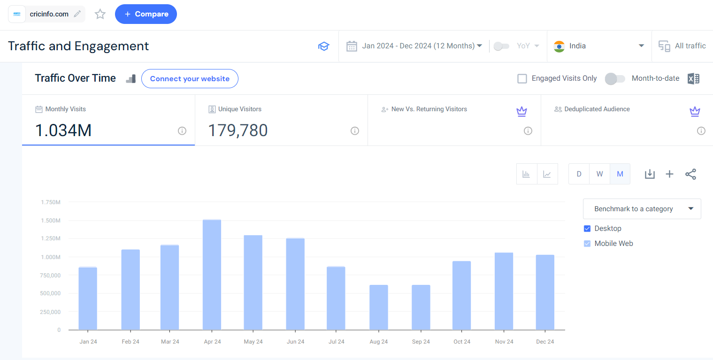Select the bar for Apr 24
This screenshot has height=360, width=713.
[x=212, y=275]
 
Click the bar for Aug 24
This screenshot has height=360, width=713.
[x=378, y=307]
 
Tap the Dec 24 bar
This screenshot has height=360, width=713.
[x=545, y=292]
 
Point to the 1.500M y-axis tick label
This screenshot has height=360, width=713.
[x=50, y=221]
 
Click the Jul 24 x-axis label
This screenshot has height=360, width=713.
[x=337, y=342]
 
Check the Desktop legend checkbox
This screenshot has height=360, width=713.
[x=587, y=229]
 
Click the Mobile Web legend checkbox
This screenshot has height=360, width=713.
[x=587, y=244]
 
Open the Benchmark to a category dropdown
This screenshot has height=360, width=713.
[x=642, y=209]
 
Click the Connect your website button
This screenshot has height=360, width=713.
[x=190, y=79]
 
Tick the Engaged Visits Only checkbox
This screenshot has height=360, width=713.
[x=522, y=78]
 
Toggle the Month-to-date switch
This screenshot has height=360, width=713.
[x=615, y=79]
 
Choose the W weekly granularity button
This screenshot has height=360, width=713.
[x=599, y=174]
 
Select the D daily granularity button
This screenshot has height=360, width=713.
[x=579, y=174]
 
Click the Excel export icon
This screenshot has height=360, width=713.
[x=693, y=79]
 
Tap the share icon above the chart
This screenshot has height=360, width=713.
[x=690, y=174]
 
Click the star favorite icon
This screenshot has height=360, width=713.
[x=100, y=14]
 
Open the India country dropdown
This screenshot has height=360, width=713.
[x=599, y=46]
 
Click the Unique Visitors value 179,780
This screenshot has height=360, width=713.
[x=238, y=130]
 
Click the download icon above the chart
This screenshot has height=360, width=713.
[x=650, y=174]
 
